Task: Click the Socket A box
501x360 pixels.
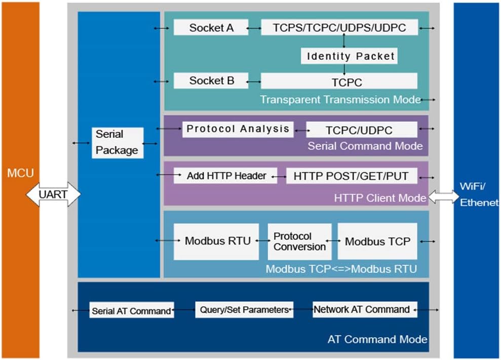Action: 211,27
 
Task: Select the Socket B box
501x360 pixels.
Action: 211,81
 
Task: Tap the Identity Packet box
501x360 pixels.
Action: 349,56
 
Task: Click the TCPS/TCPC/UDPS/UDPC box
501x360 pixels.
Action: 339,27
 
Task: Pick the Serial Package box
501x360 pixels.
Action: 118,143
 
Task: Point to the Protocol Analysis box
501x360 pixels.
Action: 238,130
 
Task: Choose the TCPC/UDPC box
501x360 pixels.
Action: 361,130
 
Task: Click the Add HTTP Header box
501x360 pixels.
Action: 225,176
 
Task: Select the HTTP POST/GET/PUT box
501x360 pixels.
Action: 352,176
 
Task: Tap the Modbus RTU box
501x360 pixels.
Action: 216,242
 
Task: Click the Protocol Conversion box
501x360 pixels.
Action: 300,242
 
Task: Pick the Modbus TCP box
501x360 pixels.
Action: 377,242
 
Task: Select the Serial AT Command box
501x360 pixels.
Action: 132,310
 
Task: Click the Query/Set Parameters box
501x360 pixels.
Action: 244,310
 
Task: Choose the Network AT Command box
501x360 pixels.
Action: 365,309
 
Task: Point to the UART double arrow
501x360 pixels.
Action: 53,194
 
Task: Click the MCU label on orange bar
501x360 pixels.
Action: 20,173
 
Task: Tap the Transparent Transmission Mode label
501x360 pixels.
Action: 340,100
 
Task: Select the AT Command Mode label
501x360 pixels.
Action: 377,339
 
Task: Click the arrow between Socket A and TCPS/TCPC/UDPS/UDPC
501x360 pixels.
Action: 254,28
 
